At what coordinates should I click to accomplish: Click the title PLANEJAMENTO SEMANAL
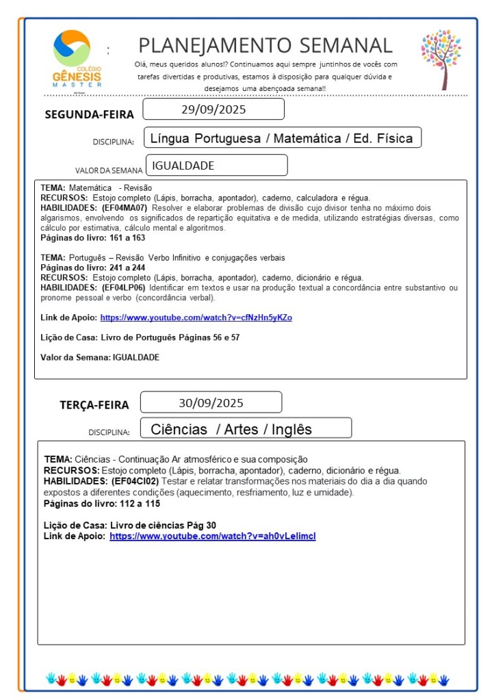coord(265,45)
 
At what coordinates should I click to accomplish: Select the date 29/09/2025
coord(213,109)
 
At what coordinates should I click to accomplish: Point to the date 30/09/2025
coord(211,402)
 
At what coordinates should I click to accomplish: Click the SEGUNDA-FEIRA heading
coord(89,114)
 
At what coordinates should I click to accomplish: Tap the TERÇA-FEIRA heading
coord(94,404)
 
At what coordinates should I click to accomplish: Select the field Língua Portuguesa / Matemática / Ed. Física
coord(281,138)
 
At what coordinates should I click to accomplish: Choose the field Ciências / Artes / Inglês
coord(231,429)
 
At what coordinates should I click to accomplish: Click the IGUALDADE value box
coord(216,166)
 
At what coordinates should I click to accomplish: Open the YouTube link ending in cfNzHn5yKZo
coord(196,317)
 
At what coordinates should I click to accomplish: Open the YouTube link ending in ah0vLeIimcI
coord(213,536)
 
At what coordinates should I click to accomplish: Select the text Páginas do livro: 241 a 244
coord(92,268)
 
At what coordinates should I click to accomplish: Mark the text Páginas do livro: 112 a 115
coord(102,503)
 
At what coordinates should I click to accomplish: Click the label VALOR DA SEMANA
coord(109,170)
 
